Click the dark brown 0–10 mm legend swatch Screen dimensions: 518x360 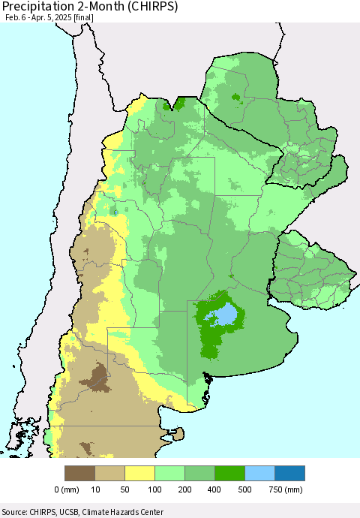click(79, 473)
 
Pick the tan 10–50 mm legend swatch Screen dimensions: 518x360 click(109, 473)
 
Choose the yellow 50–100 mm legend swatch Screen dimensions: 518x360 click(139, 473)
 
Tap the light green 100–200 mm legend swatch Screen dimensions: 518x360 click(169, 473)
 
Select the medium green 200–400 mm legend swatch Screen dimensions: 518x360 click(199, 473)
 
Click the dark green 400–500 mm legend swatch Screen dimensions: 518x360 click(229, 473)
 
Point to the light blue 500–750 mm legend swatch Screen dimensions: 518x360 click(259, 473)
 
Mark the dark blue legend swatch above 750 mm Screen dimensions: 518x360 click(289, 473)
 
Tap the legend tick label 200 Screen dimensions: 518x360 click(184, 490)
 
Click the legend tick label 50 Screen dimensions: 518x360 click(124, 490)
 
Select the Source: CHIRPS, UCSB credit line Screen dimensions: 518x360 click(82, 512)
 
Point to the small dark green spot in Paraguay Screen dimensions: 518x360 click(236, 97)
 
